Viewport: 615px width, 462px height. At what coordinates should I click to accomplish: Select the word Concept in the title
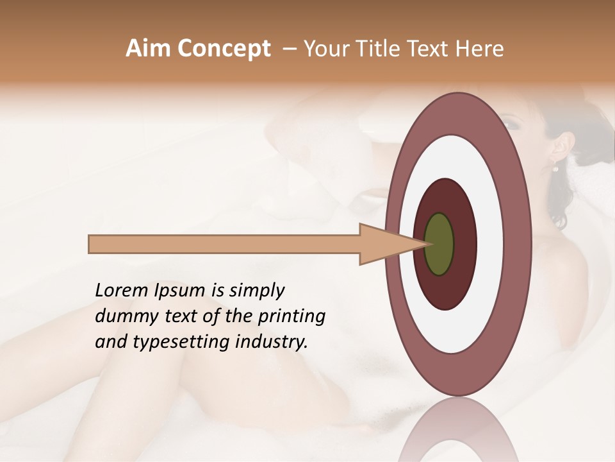[224, 49]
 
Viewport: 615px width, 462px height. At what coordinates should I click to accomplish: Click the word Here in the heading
[480, 49]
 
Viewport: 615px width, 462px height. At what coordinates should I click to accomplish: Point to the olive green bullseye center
[439, 244]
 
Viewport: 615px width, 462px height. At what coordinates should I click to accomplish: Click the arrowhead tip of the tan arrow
[428, 244]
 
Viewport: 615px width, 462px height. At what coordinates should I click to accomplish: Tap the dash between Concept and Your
[290, 49]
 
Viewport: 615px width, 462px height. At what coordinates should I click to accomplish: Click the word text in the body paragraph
[183, 316]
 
